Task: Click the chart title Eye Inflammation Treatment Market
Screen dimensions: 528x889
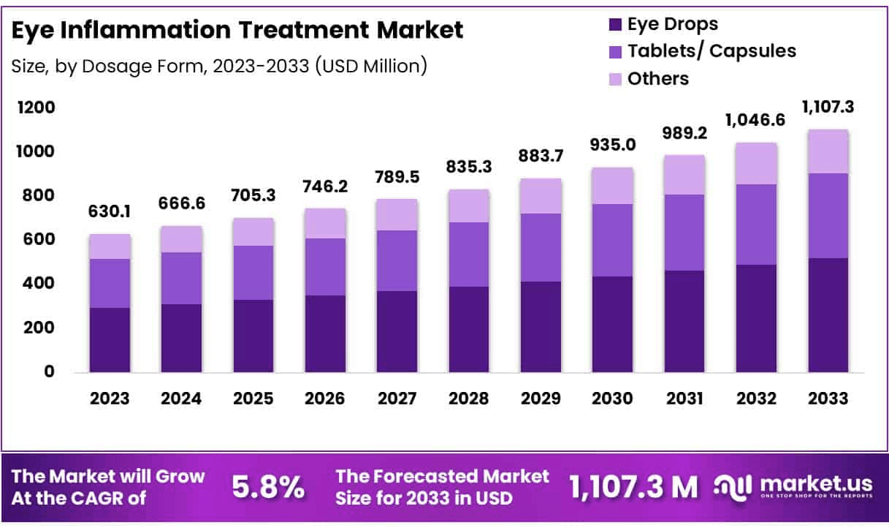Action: [237, 30]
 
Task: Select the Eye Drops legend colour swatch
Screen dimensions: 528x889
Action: [614, 24]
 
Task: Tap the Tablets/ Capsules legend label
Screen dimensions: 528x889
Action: [711, 50]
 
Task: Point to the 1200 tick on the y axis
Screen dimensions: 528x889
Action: [36, 108]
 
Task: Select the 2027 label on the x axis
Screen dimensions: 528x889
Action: [397, 399]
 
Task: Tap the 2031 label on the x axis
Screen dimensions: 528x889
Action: [684, 399]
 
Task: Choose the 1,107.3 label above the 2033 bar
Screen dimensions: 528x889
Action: [828, 108]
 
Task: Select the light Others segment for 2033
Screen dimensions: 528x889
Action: [828, 151]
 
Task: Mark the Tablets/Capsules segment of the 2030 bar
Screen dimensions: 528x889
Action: [612, 240]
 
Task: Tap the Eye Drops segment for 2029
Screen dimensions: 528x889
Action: [541, 327]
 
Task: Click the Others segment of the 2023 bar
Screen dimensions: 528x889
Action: [110, 246]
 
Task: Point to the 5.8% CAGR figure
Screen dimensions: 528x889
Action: [268, 487]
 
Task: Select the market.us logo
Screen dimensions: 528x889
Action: [792, 487]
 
